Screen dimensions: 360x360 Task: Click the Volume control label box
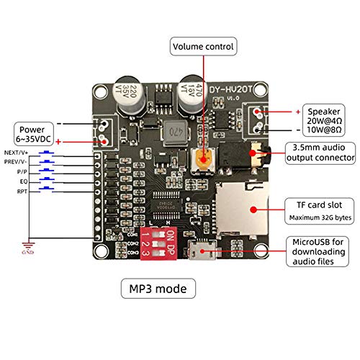click(203, 48)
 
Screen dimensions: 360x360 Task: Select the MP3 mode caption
click(157, 289)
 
